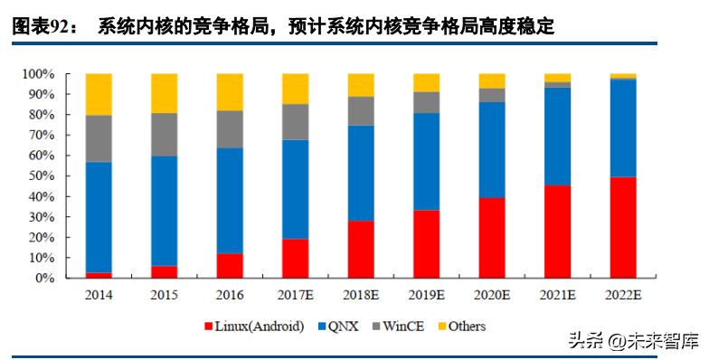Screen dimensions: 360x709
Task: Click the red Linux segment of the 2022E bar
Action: [623, 227]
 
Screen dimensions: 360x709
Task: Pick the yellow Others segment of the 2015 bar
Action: [165, 93]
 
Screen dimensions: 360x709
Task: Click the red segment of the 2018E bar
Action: [361, 249]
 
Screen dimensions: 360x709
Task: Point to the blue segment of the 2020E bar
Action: [492, 158]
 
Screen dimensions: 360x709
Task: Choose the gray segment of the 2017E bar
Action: [296, 122]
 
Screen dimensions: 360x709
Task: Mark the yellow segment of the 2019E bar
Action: [427, 82]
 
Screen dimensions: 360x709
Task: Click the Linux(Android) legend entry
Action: [255, 326]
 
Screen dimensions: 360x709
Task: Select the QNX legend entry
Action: [341, 326]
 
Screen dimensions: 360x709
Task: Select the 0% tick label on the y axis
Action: [44, 279]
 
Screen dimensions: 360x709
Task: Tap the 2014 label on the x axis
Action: [99, 296]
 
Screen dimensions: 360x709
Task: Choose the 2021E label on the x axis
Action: [558, 296]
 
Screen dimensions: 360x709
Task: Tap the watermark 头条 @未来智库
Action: [632, 342]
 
